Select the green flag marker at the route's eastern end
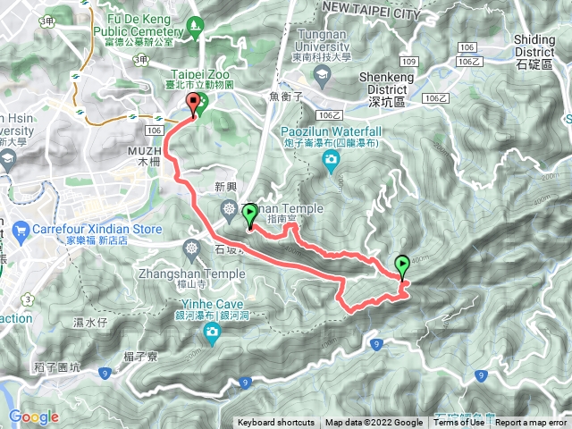(x=402, y=265)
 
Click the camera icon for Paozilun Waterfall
(x=331, y=160)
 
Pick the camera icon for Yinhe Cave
(x=213, y=334)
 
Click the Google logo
(x=33, y=416)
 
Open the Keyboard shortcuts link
(x=275, y=423)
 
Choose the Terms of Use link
(x=459, y=423)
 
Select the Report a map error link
(x=532, y=423)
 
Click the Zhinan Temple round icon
(x=231, y=210)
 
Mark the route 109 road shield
(x=408, y=62)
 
